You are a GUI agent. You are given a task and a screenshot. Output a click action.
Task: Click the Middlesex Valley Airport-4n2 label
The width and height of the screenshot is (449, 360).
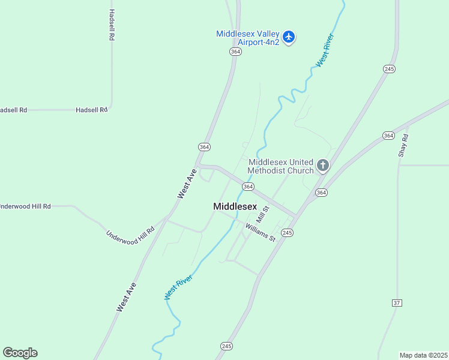248,38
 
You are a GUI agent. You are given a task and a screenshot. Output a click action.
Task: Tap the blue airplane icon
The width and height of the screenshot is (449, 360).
289,37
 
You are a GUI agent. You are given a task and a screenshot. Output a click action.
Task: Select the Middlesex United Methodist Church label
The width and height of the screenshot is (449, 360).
281,166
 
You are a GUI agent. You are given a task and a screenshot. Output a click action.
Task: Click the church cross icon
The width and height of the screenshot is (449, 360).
323,166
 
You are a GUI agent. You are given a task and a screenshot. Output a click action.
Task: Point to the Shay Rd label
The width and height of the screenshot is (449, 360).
403,146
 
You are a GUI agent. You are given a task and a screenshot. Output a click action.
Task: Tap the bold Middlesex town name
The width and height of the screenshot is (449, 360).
235,206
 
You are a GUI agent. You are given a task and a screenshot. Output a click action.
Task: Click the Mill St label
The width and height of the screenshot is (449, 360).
263,213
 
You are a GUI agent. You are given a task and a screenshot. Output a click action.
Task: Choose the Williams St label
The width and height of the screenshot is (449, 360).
260,232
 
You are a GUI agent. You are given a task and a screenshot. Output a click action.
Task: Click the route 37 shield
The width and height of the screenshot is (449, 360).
397,302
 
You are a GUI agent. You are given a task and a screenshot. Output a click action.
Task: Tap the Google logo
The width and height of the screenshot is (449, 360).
20,353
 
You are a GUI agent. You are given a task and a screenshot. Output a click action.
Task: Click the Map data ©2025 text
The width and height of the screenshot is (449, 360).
424,355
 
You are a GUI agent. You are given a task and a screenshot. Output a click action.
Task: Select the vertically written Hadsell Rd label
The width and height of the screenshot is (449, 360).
112,25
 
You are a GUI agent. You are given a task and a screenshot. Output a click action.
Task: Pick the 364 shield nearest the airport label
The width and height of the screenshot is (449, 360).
235,52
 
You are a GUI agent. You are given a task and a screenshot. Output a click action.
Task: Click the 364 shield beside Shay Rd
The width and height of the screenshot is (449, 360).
388,136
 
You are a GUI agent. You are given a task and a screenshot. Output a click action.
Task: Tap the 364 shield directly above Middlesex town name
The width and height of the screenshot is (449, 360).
247,187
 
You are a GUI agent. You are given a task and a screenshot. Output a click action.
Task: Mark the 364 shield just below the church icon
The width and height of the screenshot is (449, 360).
321,193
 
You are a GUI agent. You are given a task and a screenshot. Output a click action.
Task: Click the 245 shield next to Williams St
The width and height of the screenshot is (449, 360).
287,233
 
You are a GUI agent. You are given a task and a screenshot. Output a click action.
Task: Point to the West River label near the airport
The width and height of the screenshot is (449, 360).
325,50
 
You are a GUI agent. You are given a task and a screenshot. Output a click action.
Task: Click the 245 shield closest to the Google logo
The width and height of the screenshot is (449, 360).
226,346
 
